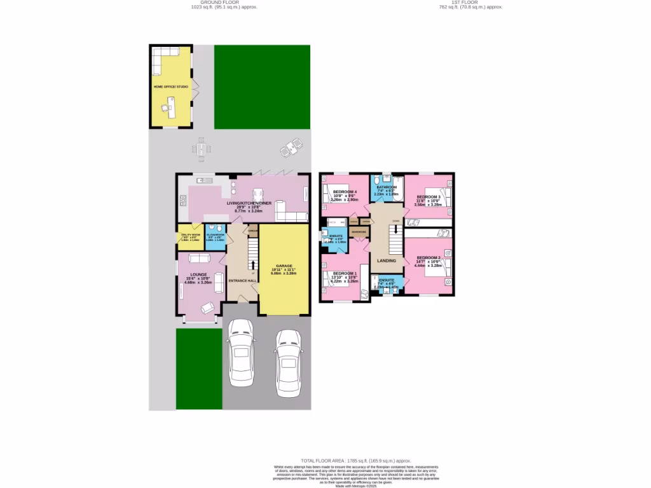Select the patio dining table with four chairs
[202, 149]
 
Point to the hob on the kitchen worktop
[182, 202]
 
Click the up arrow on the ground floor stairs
[253, 265]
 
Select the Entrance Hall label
[243, 280]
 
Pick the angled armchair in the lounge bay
[207, 308]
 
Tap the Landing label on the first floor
[387, 261]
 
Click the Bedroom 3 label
[428, 197]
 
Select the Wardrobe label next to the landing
[359, 232]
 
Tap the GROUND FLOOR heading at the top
[210, 3]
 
